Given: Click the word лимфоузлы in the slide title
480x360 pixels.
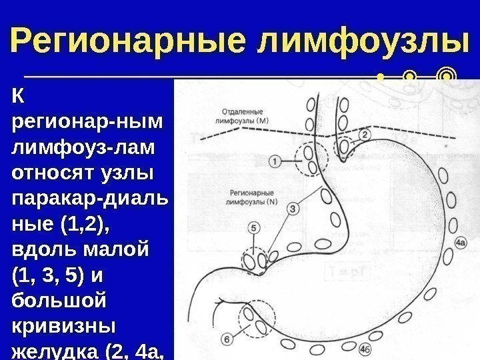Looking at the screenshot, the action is [359, 41].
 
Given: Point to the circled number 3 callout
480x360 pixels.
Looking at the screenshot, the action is [295, 209].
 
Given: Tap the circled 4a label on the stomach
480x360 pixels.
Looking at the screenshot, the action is [460, 244].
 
